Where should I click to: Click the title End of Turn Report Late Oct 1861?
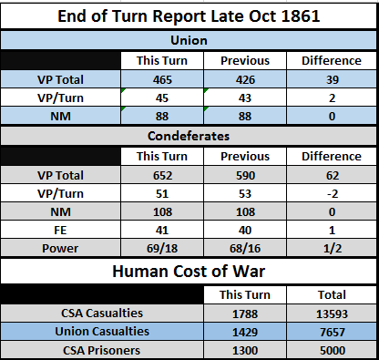[x=189, y=16]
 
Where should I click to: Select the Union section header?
[x=189, y=40]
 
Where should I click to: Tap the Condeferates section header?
[x=189, y=136]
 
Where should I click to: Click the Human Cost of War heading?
[x=189, y=271]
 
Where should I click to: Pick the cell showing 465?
[x=162, y=79]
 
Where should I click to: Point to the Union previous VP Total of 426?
[x=245, y=79]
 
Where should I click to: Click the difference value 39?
[x=332, y=79]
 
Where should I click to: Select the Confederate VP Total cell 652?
[x=162, y=175]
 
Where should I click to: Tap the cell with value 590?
[x=245, y=175]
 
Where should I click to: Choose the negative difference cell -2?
[x=332, y=193]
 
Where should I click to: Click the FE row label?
[x=60, y=230]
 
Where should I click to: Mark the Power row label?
[x=60, y=248]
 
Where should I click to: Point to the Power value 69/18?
[x=162, y=248]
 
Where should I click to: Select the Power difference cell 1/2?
[x=332, y=248]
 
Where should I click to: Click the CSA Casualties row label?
[x=102, y=313]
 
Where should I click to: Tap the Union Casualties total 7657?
[x=332, y=332]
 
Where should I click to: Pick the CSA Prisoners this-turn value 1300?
[x=245, y=350]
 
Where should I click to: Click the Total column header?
[x=332, y=294]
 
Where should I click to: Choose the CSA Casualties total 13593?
[x=332, y=314]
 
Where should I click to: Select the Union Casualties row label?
[x=102, y=331]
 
